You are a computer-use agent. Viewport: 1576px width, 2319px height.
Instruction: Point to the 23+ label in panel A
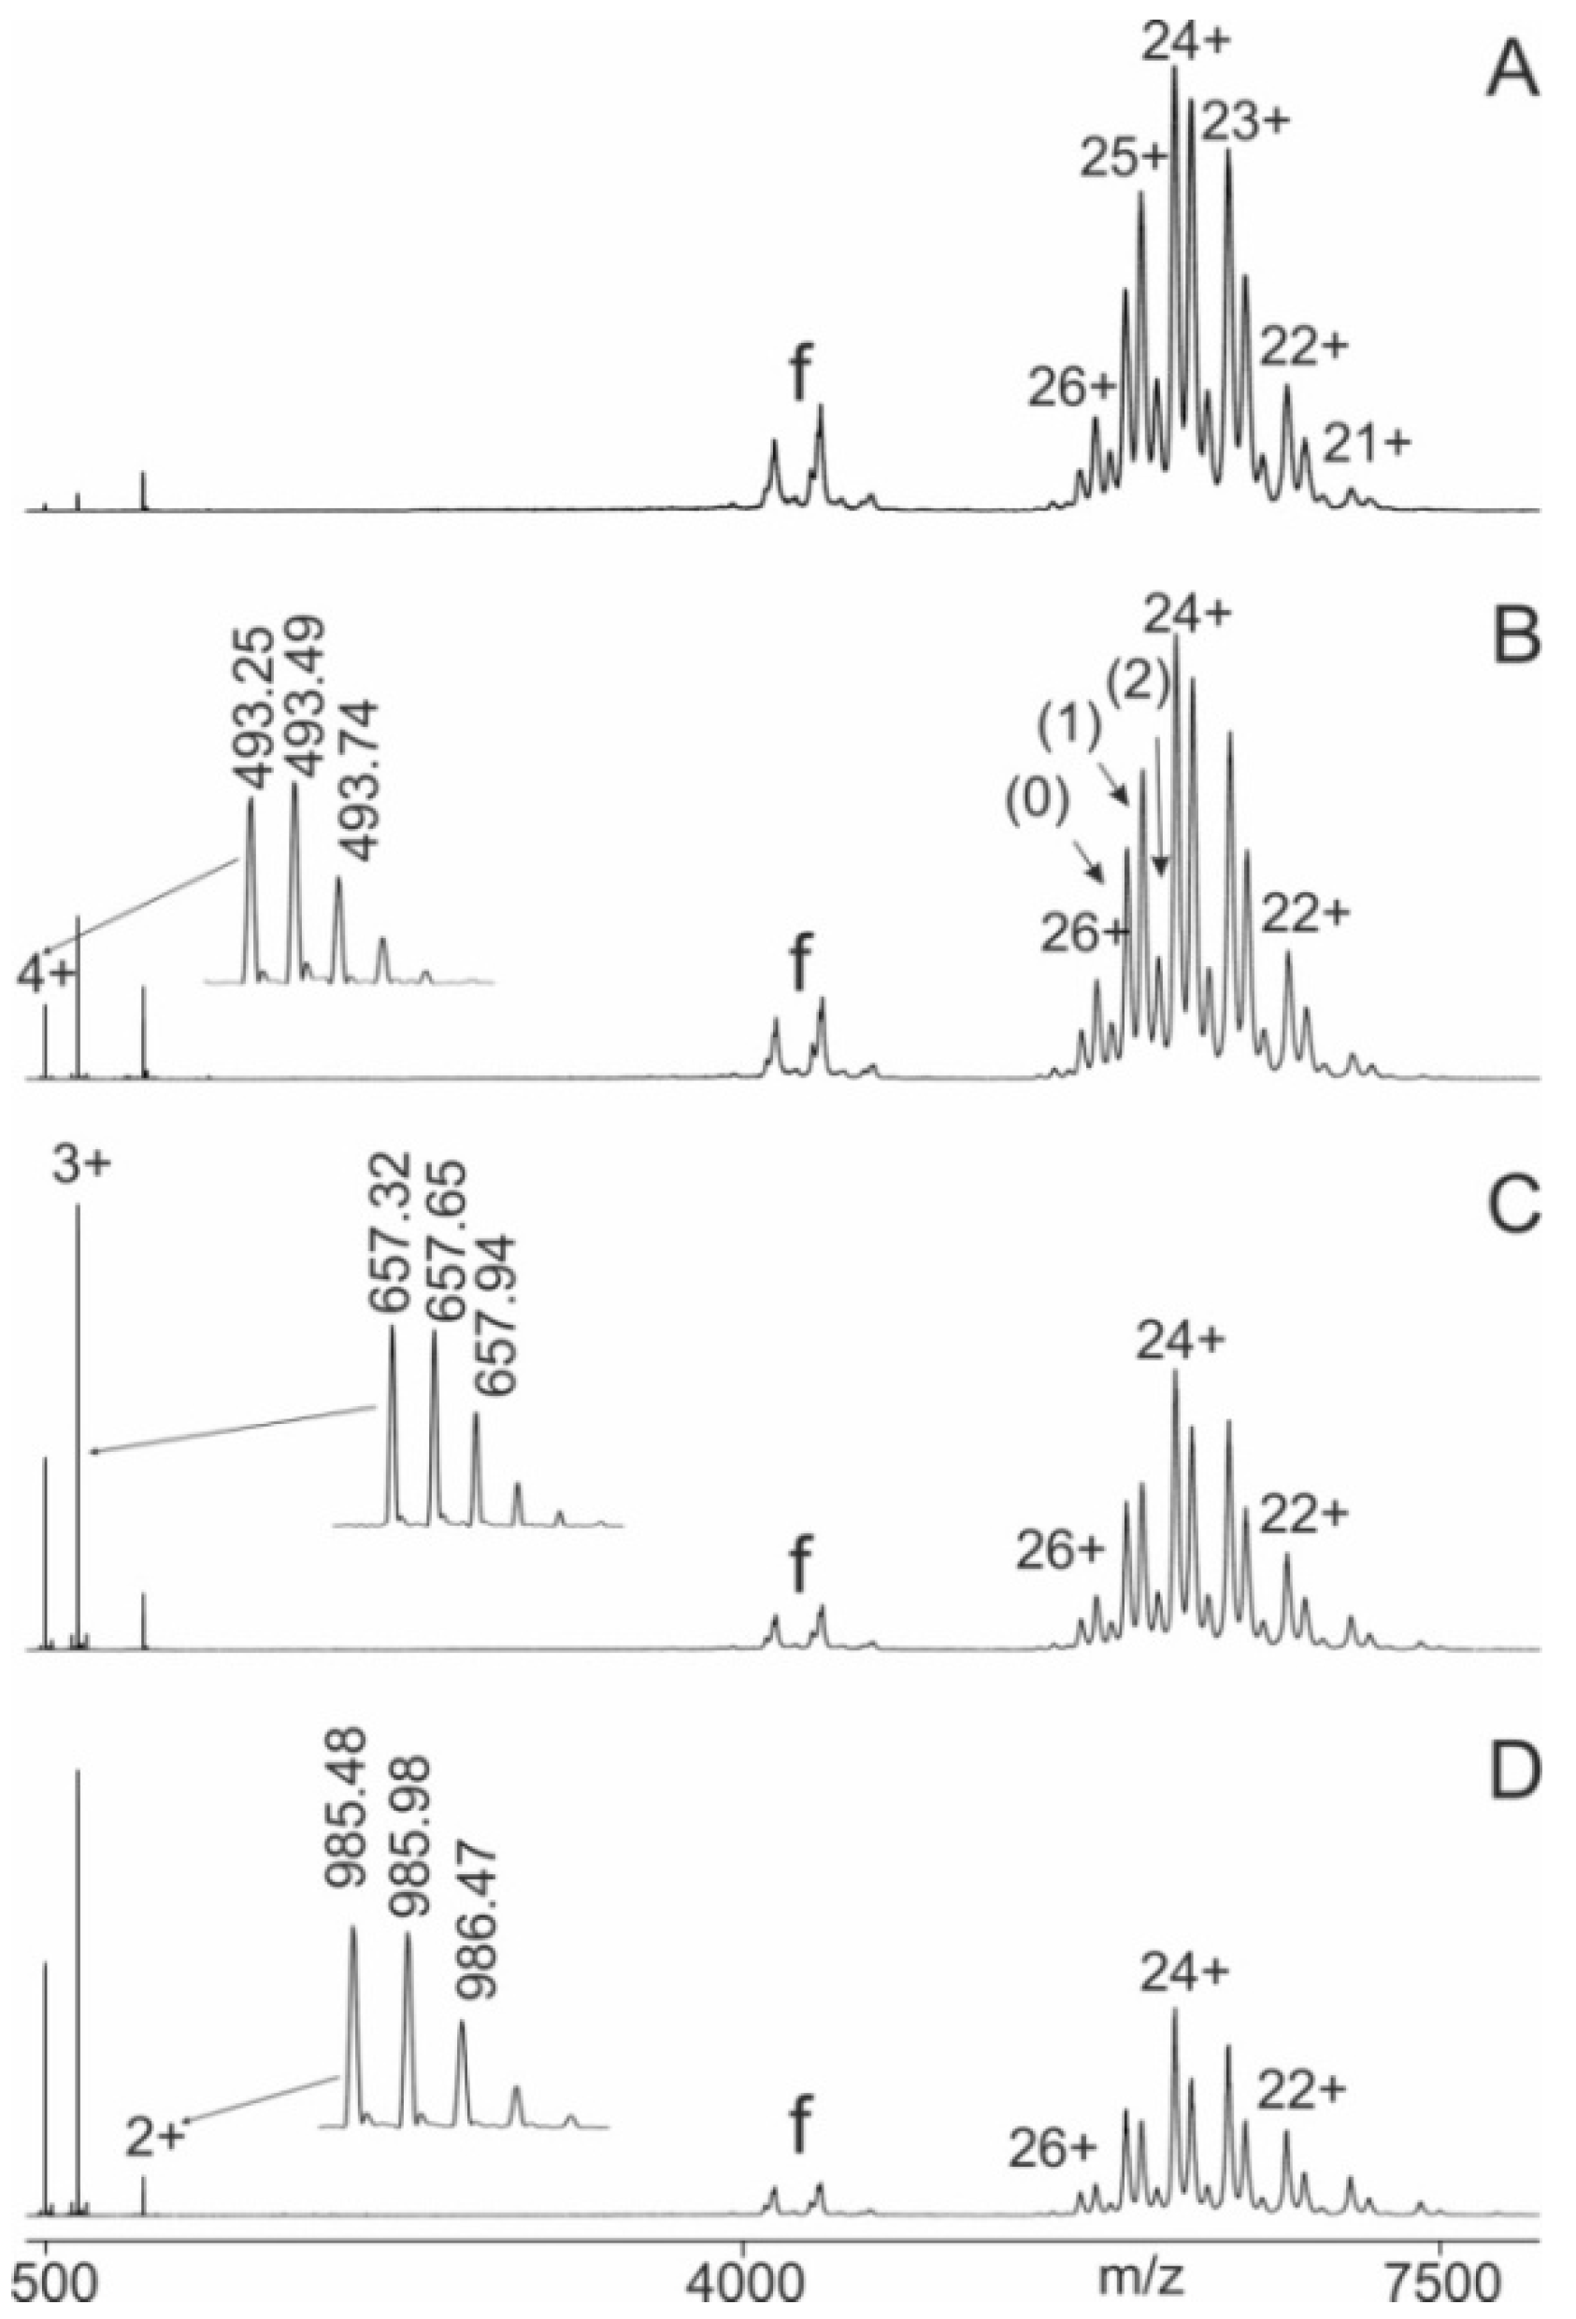click(x=1246, y=123)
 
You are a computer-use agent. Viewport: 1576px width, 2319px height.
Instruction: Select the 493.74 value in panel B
click(x=355, y=778)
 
